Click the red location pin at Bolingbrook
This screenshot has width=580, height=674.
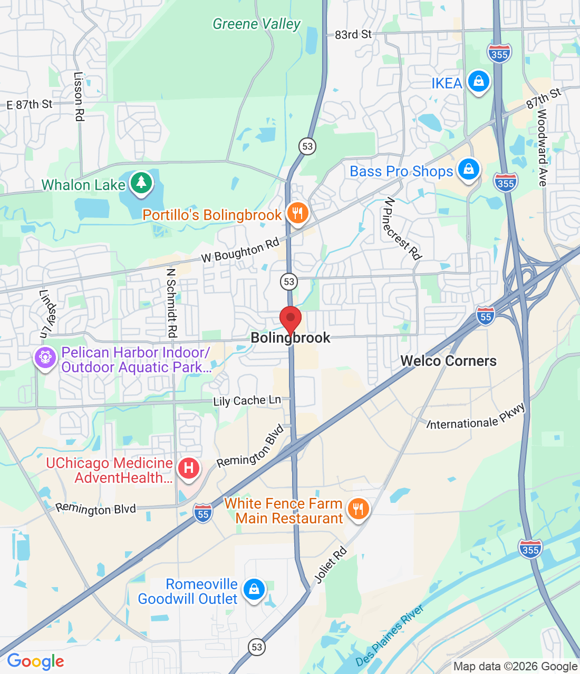pos(290,319)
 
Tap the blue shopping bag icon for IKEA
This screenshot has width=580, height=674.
pos(478,82)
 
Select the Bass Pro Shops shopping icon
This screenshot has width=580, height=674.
pos(468,170)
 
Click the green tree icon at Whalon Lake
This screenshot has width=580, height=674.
pos(141,183)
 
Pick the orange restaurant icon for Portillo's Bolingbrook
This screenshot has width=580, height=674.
pos(298,213)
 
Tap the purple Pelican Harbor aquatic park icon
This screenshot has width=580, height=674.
pos(45,358)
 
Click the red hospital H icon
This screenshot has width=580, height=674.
pos(188,468)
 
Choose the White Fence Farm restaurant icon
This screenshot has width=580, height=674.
pos(358,509)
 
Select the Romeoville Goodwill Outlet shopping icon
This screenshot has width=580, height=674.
pos(254,590)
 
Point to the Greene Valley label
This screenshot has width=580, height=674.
pos(256,24)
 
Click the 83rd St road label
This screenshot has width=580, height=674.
pos(353,35)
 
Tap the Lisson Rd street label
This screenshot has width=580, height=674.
pos(79,97)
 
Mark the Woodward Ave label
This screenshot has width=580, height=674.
pos(542,147)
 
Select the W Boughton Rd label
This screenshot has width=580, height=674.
pos(240,251)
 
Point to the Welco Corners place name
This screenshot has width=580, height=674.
pos(449,361)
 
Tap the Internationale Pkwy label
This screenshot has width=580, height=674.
pos(476,417)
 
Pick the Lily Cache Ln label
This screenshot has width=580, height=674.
pos(247,401)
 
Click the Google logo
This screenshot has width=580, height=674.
pos(36,661)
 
